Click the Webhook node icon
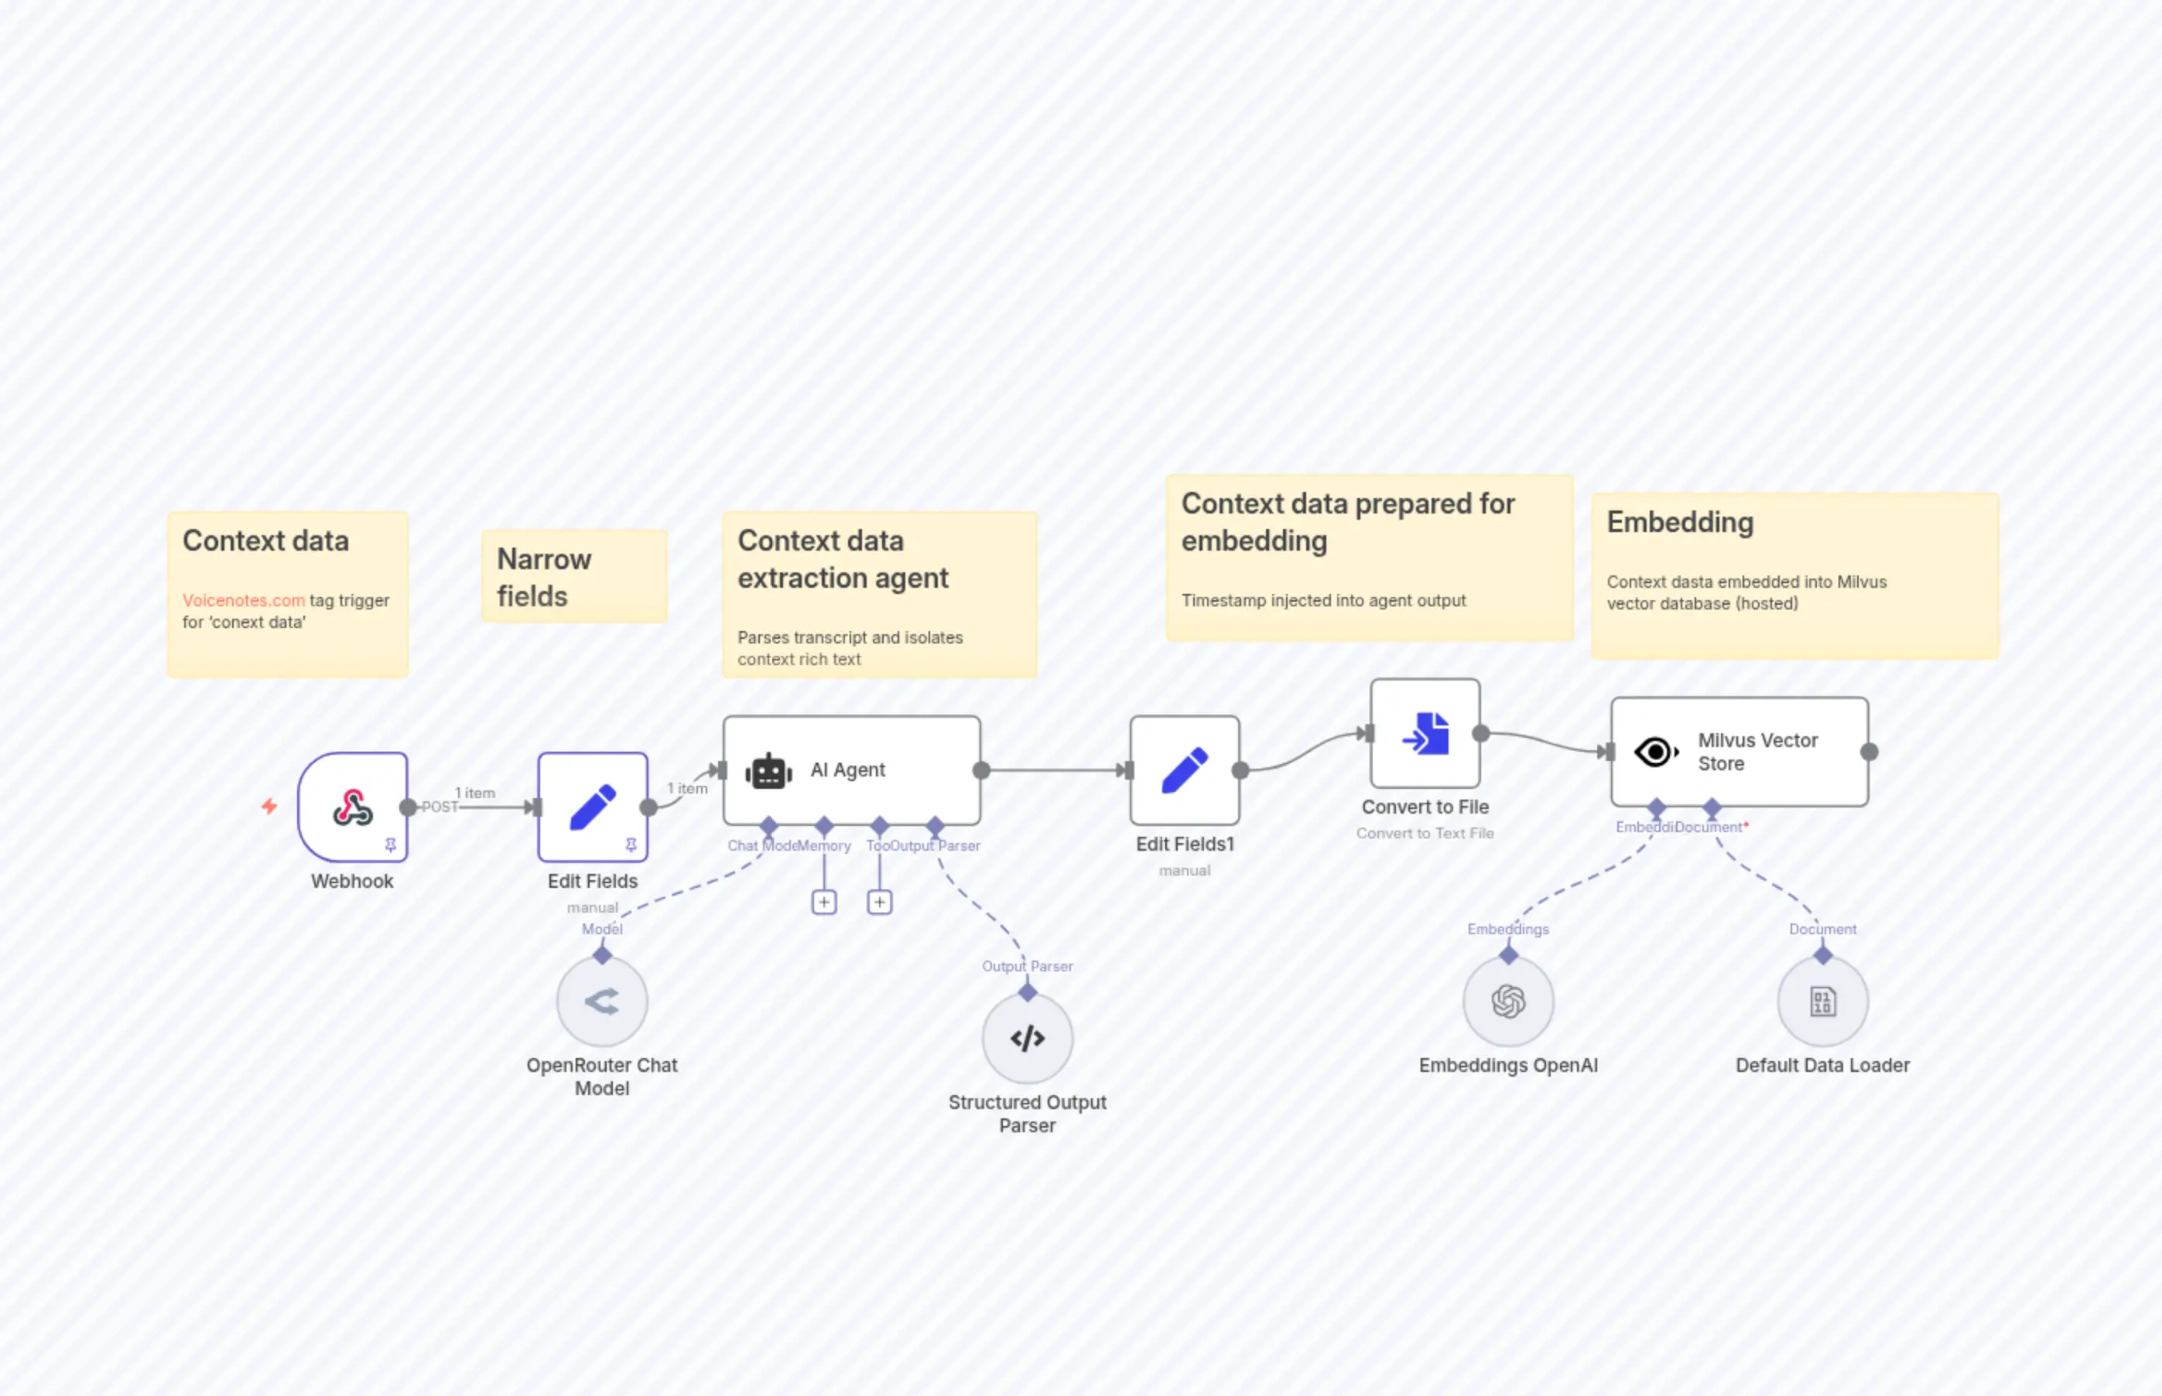tap(353, 806)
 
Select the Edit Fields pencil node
tap(592, 806)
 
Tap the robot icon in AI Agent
tap(768, 771)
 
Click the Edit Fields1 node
tap(1185, 770)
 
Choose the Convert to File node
tap(1425, 732)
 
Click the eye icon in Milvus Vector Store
tap(1655, 752)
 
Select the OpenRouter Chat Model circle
tap(602, 1002)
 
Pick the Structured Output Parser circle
tap(1028, 1038)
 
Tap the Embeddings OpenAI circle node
tap(1508, 1002)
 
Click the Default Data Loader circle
tap(1822, 1002)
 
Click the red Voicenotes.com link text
tap(243, 600)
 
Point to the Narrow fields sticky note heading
tap(543, 578)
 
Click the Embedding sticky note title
tap(1680, 522)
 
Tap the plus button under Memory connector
tap(823, 902)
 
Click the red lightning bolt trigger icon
tap(269, 806)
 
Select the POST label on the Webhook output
tap(440, 807)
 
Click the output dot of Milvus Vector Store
tap(1869, 752)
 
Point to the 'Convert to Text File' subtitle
tap(1425, 833)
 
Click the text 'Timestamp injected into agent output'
tap(1323, 600)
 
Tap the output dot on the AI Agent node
tap(981, 770)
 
